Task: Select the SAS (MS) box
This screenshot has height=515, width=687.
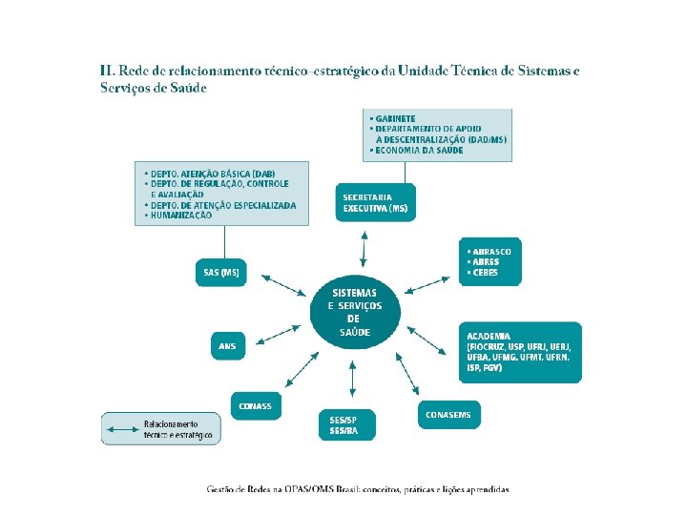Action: (220, 273)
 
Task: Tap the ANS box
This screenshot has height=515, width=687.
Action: (228, 346)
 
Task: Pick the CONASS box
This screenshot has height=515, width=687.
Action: (256, 405)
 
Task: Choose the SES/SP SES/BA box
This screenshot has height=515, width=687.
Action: (346, 424)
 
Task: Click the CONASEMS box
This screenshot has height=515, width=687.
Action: (448, 415)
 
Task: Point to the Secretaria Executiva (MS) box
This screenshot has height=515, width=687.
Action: (375, 202)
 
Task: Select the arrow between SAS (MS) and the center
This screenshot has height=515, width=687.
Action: (280, 286)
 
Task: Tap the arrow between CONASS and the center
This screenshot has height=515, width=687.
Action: (303, 368)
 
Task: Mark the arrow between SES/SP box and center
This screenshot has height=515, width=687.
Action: (353, 380)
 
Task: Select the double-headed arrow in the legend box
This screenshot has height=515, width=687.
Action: (123, 429)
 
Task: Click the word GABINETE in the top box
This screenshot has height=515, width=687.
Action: (395, 118)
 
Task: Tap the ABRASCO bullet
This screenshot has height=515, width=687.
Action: (490, 252)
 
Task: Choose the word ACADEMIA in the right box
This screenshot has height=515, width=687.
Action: (489, 336)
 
